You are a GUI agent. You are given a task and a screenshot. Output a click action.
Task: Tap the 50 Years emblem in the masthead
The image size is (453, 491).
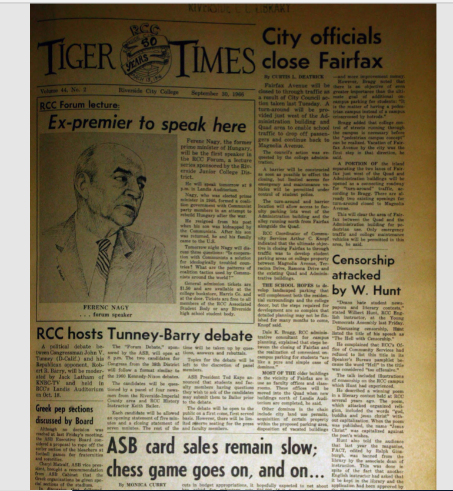(145, 54)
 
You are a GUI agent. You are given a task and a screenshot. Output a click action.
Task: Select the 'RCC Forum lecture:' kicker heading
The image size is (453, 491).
(79, 106)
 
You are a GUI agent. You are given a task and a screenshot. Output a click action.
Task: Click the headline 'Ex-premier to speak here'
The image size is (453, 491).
(147, 125)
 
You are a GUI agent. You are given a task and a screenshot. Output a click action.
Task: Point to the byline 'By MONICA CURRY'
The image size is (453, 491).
(141, 485)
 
